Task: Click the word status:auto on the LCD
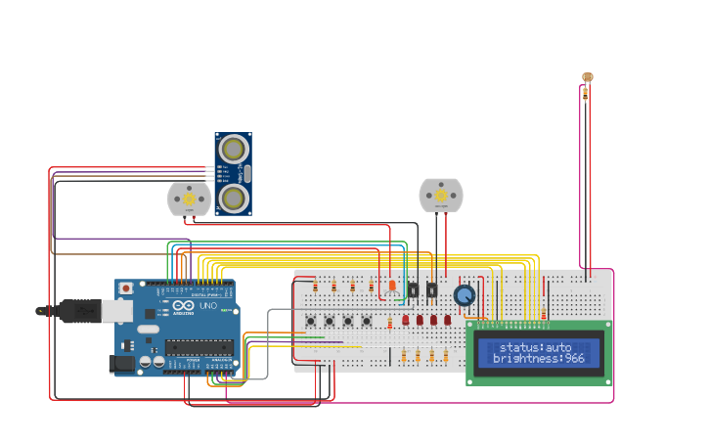[535, 347]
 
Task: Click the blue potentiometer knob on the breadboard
[464, 295]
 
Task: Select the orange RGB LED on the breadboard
[392, 286]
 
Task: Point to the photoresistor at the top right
[587, 76]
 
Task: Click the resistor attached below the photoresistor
[586, 94]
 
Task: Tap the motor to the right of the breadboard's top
[440, 196]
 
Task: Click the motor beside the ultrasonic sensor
[189, 199]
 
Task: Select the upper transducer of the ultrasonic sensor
[234, 149]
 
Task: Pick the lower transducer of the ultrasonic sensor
[234, 199]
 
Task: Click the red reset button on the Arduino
[125, 288]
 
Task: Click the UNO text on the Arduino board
[209, 306]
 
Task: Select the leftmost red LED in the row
[406, 320]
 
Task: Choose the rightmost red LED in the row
[447, 320]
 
